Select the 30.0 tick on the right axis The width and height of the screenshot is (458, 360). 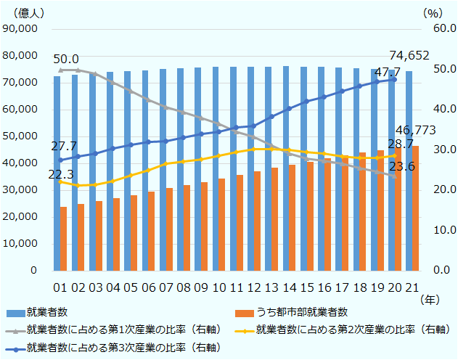pyautogui.click(x=435, y=150)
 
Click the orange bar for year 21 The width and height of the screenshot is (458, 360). pyautogui.click(x=415, y=208)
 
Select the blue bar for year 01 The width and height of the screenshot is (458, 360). pyautogui.click(x=57, y=173)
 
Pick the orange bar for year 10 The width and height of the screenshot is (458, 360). pyautogui.click(x=221, y=224)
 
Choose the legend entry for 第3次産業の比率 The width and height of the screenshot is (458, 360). pyautogui.click(x=117, y=348)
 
